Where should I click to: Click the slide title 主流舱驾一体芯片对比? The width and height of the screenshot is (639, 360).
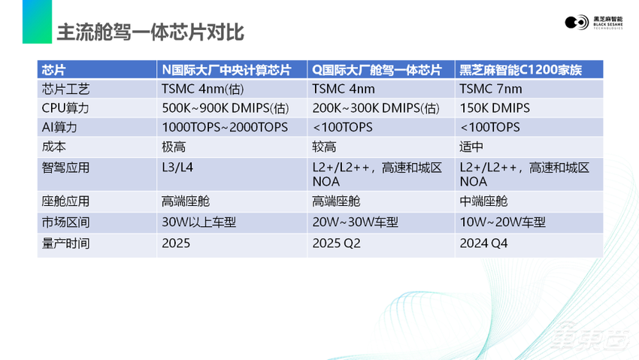[x=150, y=34]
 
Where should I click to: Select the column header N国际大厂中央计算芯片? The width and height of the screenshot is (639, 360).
[x=226, y=70]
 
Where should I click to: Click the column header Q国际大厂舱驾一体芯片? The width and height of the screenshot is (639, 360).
[x=376, y=70]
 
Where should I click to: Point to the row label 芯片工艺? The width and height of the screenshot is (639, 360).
[x=67, y=89]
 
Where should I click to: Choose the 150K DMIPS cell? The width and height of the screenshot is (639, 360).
[x=495, y=107]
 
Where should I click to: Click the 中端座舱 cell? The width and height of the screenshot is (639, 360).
[x=483, y=201]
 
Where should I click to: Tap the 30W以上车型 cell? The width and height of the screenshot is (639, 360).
[x=197, y=222]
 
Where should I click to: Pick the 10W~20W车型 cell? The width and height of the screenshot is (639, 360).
[x=502, y=222]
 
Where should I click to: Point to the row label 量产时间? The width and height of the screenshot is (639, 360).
[x=67, y=243]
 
